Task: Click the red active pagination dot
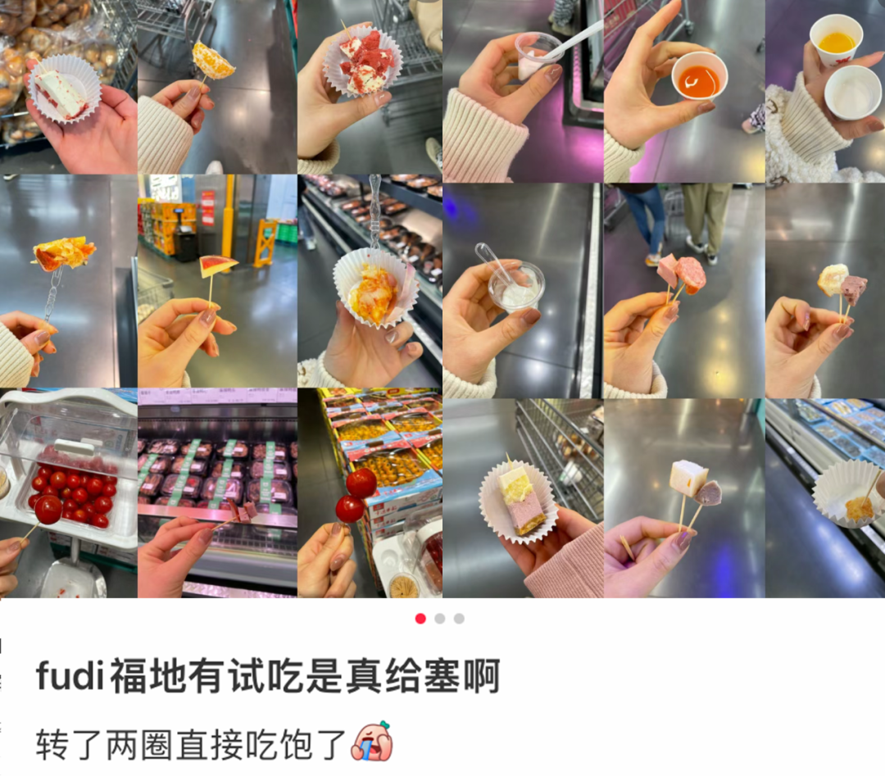[x=420, y=619]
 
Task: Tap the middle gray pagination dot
[x=440, y=619]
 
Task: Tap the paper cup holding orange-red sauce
[x=699, y=79]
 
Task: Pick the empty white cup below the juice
[x=852, y=91]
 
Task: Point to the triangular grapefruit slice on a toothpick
[x=218, y=266]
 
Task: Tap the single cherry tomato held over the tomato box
[x=48, y=510]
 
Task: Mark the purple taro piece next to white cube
[x=709, y=492]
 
